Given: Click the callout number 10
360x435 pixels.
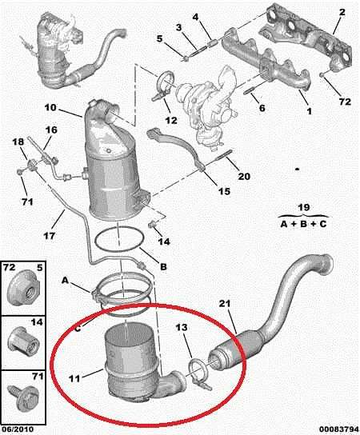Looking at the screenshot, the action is pos(50,108).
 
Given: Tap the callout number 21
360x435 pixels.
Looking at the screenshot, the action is pos(225,304).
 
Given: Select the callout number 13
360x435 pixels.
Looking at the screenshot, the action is pos(182,328).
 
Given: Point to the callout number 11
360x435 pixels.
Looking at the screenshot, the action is pos(74,378).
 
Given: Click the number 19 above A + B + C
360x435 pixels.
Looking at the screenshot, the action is pos(304,208).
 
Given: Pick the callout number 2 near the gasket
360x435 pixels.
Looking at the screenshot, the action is pos(342,12).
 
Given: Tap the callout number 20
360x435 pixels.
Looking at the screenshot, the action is pos(244,176).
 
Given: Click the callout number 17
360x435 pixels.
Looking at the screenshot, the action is pos(50,236).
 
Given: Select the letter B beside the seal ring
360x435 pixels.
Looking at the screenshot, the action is pos(163,267).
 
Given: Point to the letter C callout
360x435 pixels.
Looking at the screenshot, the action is pos(78,328).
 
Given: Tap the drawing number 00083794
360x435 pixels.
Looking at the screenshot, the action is pos(338,429).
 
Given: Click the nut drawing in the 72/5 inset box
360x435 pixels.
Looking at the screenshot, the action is pos(23,288).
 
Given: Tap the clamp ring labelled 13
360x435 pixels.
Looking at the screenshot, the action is pos(198,374).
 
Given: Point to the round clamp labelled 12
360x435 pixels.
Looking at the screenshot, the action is pos(165,83).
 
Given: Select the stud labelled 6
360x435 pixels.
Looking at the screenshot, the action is pos(249,91).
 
